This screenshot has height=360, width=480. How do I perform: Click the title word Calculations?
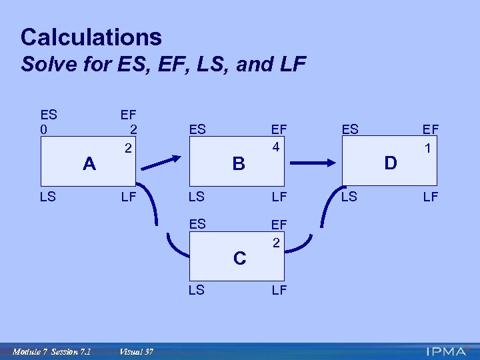click(91, 37)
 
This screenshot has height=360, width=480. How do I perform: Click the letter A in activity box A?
click(89, 163)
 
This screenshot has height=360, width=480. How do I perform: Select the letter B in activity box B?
click(239, 163)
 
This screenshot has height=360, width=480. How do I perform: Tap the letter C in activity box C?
click(239, 258)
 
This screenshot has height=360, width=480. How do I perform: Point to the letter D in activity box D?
click(391, 163)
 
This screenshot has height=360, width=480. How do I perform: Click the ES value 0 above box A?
click(44, 129)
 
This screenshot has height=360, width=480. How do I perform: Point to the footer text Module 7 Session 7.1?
click(52, 351)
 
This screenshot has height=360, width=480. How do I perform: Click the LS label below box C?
click(197, 290)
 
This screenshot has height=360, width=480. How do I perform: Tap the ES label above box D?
click(350, 129)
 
